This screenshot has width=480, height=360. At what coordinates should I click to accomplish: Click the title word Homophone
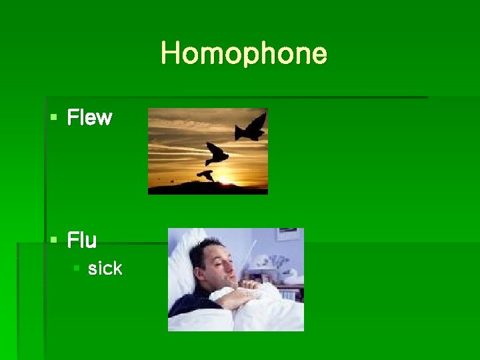(x=244, y=53)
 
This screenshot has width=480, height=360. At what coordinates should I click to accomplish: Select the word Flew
(x=89, y=119)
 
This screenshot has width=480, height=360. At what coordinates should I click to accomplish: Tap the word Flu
(x=82, y=240)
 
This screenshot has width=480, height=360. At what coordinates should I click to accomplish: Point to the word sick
(x=105, y=269)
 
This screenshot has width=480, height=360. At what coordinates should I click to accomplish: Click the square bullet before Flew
(x=53, y=119)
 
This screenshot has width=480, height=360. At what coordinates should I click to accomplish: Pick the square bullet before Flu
(x=53, y=240)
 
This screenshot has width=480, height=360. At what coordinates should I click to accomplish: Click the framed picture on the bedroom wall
(x=288, y=235)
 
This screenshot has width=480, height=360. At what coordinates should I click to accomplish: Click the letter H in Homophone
(x=169, y=53)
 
